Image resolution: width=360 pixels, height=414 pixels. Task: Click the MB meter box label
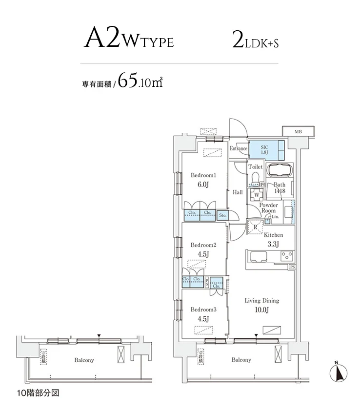[298, 131]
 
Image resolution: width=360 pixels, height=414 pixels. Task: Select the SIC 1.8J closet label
[265, 149]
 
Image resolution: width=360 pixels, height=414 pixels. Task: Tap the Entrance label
[239, 148]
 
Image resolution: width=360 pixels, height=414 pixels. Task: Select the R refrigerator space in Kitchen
[256, 227]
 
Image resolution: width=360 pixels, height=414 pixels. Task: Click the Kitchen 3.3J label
[272, 239]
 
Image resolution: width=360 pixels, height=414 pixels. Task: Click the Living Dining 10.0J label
[262, 306]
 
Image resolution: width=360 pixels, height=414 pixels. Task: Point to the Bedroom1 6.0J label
[203, 180]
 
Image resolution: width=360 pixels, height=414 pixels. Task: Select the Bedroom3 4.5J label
[203, 314]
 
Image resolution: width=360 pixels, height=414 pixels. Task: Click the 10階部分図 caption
[37, 393]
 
